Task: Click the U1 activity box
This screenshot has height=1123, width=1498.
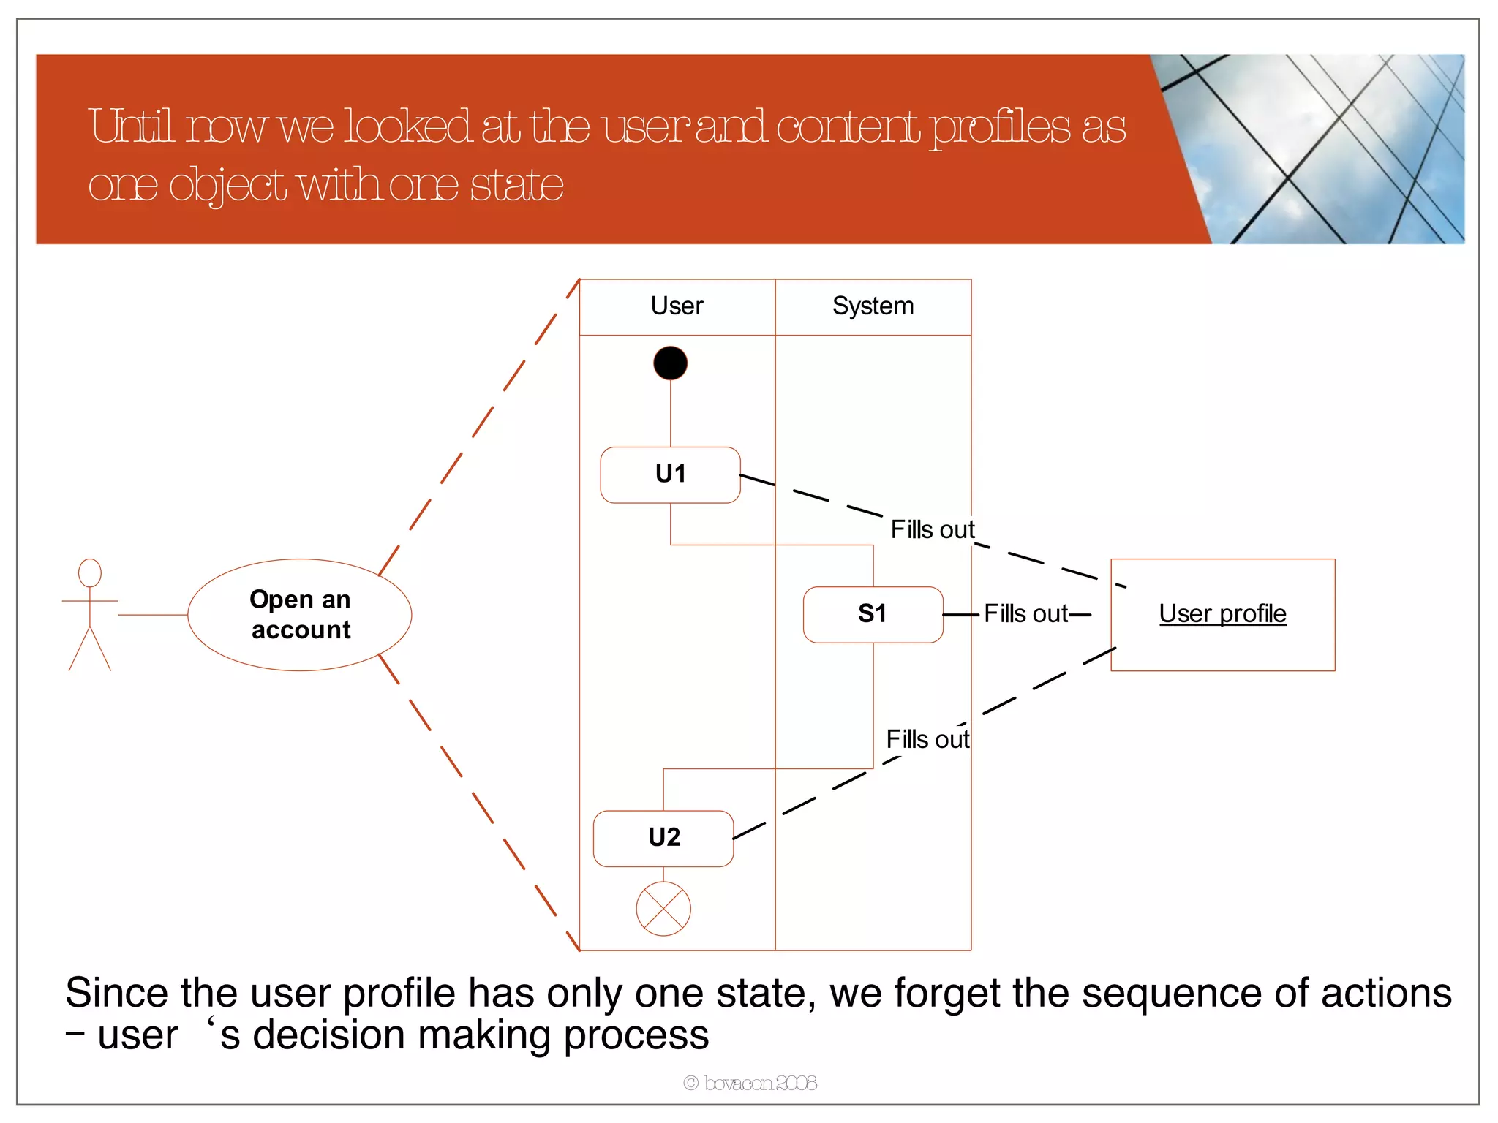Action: (x=670, y=474)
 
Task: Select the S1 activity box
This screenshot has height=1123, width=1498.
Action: (x=873, y=614)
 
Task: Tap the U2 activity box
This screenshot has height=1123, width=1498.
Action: (x=663, y=838)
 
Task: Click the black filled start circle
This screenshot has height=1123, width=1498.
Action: (x=670, y=363)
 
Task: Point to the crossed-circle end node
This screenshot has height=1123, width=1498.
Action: (x=663, y=909)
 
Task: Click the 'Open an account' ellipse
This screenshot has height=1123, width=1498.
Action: (x=300, y=615)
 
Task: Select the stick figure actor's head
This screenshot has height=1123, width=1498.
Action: (x=90, y=572)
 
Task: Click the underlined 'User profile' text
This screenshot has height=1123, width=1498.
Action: (x=1222, y=614)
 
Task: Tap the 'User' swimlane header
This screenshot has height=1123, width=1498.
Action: (x=677, y=306)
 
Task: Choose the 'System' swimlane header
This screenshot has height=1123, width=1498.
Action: (x=873, y=306)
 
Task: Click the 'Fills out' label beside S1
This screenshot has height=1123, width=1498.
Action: (x=1025, y=614)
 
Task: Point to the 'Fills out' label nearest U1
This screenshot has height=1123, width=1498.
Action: (x=932, y=529)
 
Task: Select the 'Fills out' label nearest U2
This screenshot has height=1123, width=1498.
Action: (x=927, y=740)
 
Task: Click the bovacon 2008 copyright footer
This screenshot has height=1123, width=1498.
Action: (x=750, y=1083)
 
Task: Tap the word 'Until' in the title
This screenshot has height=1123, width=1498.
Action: (x=132, y=126)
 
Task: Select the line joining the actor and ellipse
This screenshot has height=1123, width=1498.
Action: (x=152, y=615)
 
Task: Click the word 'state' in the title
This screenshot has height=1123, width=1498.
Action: (x=516, y=185)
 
